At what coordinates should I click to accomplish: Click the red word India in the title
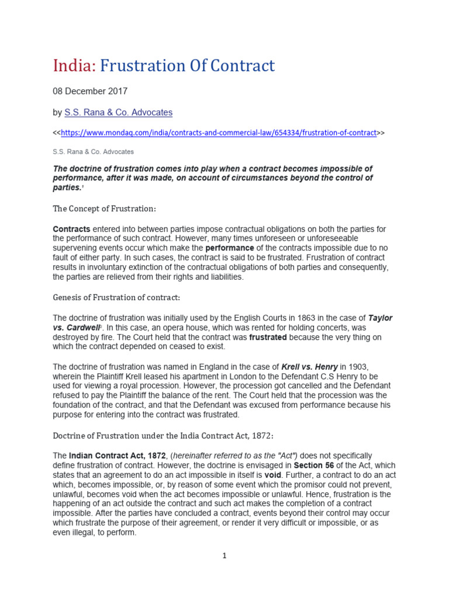click(x=74, y=66)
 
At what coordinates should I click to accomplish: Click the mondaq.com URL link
click(x=219, y=133)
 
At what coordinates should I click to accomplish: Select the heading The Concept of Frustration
click(x=105, y=208)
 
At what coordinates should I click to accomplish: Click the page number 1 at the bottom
click(x=224, y=556)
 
